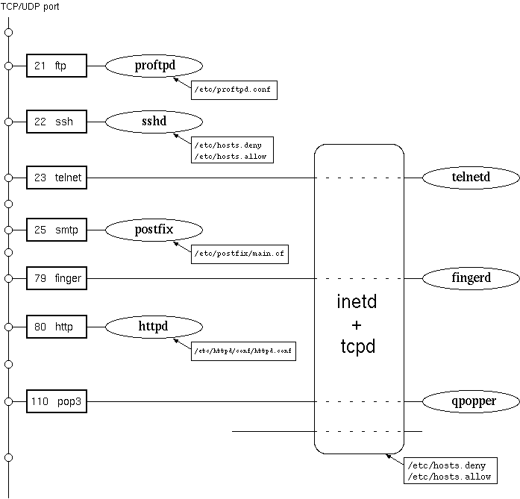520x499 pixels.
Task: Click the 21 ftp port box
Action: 57,66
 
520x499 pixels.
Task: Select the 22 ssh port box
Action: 57,122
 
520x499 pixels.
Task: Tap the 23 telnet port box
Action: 57,178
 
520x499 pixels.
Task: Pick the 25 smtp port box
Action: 57,230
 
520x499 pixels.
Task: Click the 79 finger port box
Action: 57,278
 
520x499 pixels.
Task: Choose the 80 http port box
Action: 57,327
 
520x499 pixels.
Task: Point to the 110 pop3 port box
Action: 57,401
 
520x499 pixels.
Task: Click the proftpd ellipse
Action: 154,66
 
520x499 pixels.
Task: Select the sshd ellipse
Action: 154,122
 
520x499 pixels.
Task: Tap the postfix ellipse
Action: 154,230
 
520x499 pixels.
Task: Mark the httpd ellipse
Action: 154,327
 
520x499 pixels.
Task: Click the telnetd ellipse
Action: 471,178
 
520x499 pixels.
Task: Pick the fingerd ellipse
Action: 471,278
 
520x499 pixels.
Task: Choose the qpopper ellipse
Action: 471,401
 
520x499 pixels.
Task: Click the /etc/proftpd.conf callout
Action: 234,90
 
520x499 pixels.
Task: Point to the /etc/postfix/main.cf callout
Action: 239,254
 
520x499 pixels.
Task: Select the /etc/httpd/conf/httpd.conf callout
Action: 244,350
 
